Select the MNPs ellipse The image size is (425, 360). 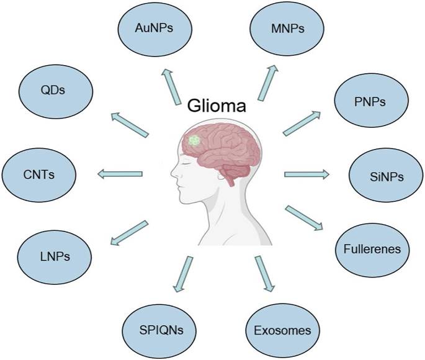tap(279, 28)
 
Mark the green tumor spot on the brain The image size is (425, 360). tap(195, 141)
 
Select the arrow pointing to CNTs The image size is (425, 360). tap(120, 173)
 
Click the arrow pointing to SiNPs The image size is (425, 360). tap(306, 174)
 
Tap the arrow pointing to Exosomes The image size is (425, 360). tap(264, 273)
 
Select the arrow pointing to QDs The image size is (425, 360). tap(130, 123)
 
